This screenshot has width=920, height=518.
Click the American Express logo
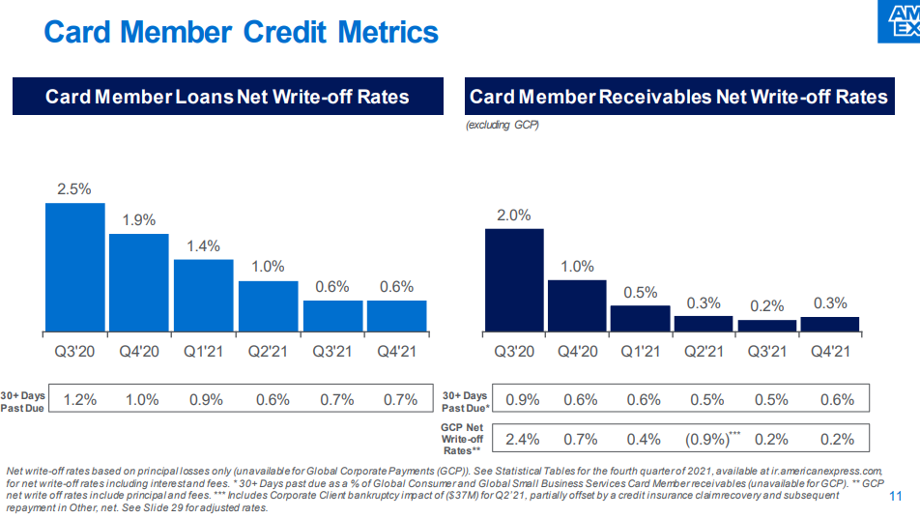pyautogui.click(x=899, y=20)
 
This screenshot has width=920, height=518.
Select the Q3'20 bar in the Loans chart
pyautogui.click(x=75, y=267)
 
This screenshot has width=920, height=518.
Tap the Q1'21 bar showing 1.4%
pyautogui.click(x=204, y=295)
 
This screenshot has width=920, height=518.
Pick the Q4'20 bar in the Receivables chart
pyautogui.click(x=577, y=305)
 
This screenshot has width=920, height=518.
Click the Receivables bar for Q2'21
pyautogui.click(x=704, y=324)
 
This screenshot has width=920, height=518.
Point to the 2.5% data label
pyautogui.click(x=74, y=189)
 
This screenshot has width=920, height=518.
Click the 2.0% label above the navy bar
pyautogui.click(x=513, y=216)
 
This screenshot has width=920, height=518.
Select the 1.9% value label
pyautogui.click(x=139, y=220)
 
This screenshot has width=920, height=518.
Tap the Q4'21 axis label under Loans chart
pyautogui.click(x=396, y=351)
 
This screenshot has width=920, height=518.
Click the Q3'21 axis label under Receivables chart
pyautogui.click(x=767, y=351)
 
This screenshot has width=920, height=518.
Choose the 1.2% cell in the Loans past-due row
pyautogui.click(x=79, y=399)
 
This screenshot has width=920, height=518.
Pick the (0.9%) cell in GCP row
pyautogui.click(x=708, y=439)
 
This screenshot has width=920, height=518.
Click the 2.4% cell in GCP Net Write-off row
pyautogui.click(x=523, y=439)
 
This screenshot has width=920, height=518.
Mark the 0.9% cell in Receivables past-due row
pyautogui.click(x=523, y=399)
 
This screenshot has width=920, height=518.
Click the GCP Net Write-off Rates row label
pyautogui.click(x=462, y=438)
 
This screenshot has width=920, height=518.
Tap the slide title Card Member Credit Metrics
pyautogui.click(x=242, y=32)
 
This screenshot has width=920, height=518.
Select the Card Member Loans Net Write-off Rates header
pyautogui.click(x=228, y=97)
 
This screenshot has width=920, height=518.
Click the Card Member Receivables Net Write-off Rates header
pyautogui.click(x=678, y=97)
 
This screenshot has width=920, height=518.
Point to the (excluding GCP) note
pyautogui.click(x=502, y=126)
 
